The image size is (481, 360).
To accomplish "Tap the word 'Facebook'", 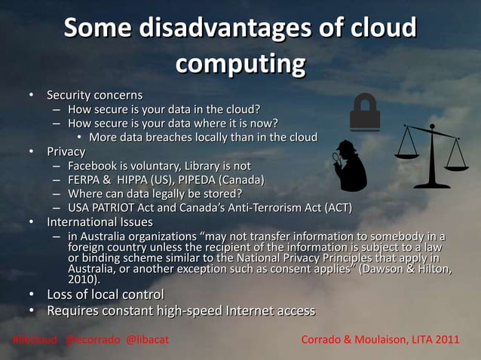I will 93,166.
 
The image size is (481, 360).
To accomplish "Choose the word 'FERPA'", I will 84,180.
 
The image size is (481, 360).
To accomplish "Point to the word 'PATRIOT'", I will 119,208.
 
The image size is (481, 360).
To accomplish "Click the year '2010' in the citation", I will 82,279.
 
